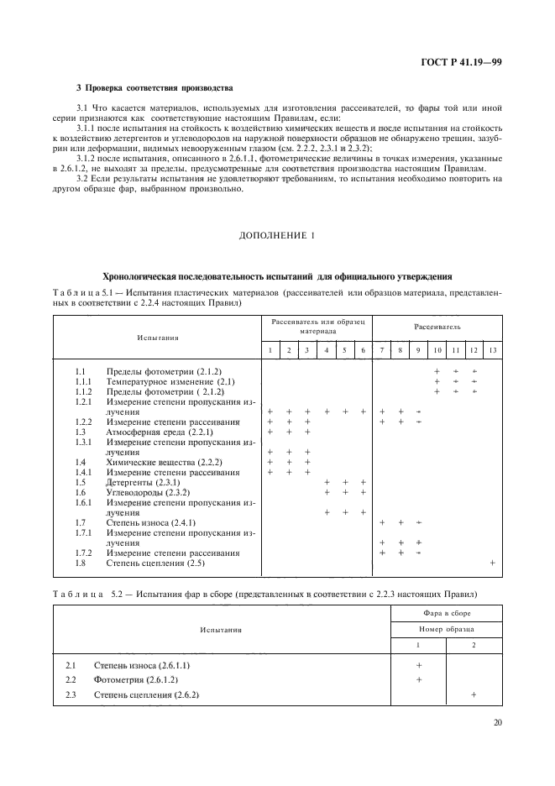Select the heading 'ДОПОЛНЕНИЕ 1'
point(277,235)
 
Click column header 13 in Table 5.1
point(492,348)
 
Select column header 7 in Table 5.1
point(382,348)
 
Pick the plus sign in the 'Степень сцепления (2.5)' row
point(492,562)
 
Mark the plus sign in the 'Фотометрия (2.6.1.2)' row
point(419,679)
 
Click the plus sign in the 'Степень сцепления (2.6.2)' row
point(474,694)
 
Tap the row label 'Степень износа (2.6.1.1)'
point(136,664)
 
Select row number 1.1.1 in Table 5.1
point(83,380)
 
